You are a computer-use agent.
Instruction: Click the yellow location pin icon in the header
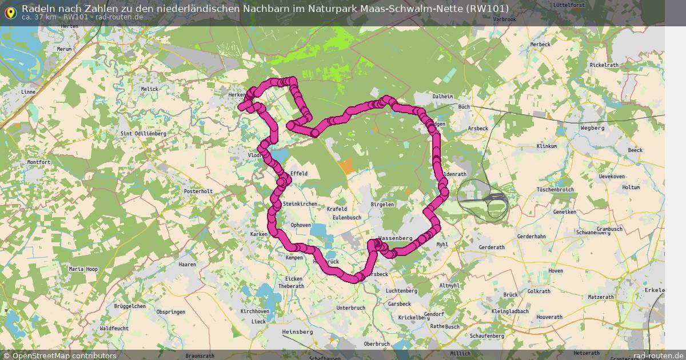[10, 11]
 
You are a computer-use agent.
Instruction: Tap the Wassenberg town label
[396, 238]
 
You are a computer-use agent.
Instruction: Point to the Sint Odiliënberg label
[143, 133]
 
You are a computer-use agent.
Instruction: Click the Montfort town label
[39, 162]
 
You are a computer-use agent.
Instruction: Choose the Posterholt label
[198, 191]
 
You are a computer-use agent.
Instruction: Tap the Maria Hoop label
[83, 269]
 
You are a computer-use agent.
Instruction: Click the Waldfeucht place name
[114, 329]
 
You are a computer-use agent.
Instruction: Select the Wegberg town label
[592, 128]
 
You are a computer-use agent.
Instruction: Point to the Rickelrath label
[605, 65]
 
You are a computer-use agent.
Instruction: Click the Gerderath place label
[492, 247]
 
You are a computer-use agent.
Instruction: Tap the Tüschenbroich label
[555, 189]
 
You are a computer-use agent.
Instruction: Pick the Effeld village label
[299, 173]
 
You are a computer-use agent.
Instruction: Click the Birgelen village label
[382, 204]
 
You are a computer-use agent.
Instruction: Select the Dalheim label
[442, 97]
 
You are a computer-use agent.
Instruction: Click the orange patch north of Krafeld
[346, 166]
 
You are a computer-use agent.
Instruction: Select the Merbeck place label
[540, 45]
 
